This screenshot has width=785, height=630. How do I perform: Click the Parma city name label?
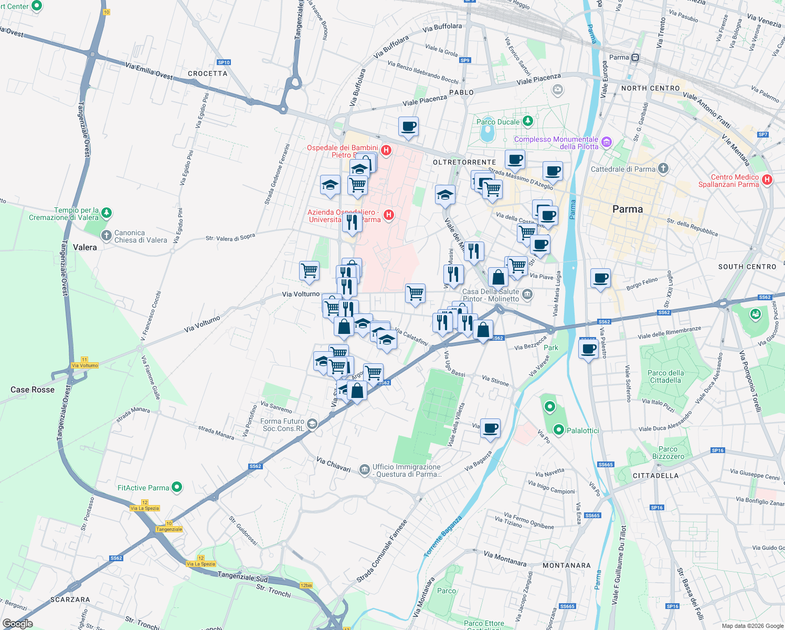[627, 209]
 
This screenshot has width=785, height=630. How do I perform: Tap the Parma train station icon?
[635, 57]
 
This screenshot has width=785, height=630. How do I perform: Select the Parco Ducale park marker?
[528, 122]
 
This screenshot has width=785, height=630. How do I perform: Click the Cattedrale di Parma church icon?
[663, 169]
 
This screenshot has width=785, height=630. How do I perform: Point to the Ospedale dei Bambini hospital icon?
[386, 151]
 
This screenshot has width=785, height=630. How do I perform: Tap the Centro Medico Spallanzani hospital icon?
[767, 180]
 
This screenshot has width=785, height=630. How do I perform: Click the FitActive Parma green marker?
[177, 487]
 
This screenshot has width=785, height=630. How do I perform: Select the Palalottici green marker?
[559, 430]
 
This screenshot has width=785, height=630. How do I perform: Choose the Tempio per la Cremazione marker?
[107, 213]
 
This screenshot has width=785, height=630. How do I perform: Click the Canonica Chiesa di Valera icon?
[107, 236]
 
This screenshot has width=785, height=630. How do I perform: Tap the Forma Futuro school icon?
[312, 424]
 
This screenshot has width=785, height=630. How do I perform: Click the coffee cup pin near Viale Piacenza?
[408, 127]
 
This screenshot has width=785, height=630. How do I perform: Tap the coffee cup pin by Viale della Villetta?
[490, 428]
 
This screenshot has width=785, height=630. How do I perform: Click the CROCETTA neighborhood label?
[207, 73]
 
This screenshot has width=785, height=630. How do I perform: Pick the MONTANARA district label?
[566, 565]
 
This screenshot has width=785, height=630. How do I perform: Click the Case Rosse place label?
[33, 390]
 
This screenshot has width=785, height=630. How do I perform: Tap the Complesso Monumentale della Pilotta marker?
[607, 142]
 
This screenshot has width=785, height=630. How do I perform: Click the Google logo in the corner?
[17, 624]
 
